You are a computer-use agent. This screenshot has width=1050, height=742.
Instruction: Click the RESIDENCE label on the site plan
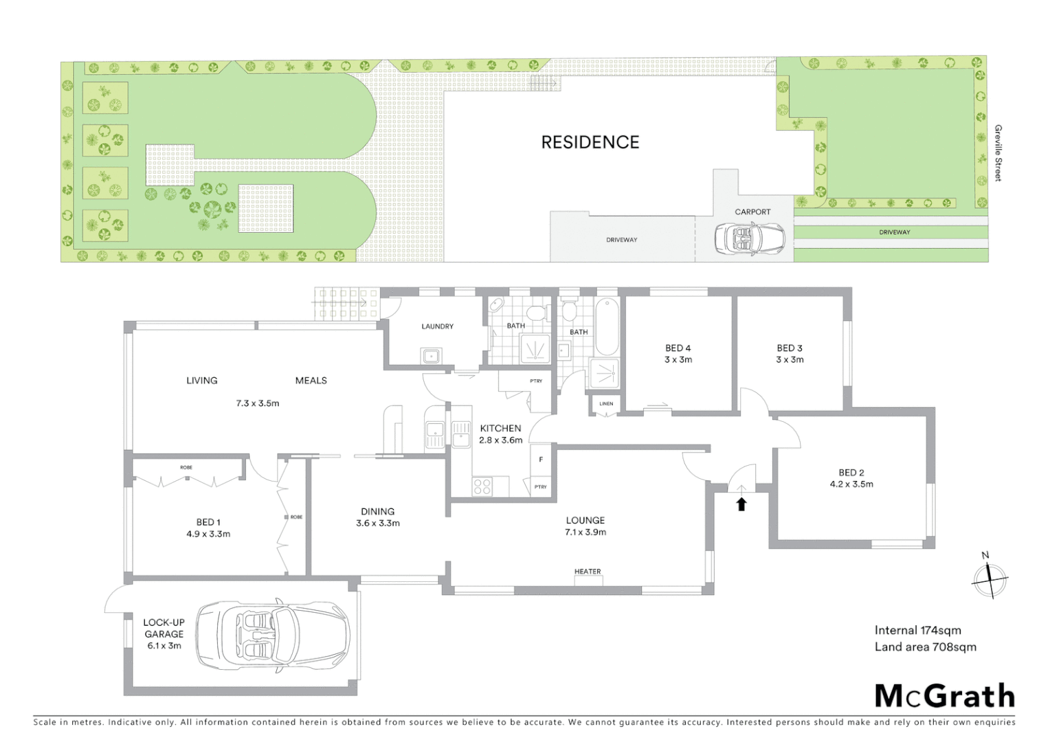coord(590,142)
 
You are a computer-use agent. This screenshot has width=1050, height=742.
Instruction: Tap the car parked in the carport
coord(742,238)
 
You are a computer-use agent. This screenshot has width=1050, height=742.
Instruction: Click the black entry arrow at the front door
coord(741,504)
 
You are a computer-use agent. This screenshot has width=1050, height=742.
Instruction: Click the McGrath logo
coord(944,696)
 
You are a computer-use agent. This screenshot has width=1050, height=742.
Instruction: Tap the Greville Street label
coord(998,153)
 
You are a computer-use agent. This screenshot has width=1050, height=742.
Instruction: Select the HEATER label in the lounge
coord(588,572)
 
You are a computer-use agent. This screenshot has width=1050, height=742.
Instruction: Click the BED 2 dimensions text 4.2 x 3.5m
coord(851,484)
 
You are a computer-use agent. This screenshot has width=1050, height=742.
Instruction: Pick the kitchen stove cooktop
coord(482,486)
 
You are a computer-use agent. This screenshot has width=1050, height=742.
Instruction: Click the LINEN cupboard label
coord(606,404)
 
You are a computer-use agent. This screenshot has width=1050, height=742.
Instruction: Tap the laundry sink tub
coord(432,357)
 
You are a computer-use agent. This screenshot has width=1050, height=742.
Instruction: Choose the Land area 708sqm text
coord(925,647)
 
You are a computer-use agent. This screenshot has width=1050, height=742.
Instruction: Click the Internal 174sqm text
coord(917,630)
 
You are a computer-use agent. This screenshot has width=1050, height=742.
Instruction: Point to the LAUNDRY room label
coord(437,326)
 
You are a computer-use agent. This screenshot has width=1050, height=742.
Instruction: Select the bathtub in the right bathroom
coord(606,327)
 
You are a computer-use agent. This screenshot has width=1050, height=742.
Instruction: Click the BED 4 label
coord(678,348)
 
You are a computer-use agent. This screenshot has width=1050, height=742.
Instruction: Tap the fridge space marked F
coord(541,460)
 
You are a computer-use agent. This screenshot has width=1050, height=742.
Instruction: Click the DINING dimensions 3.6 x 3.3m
coord(378,524)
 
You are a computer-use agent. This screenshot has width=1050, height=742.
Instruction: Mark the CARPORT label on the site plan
coord(752,212)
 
